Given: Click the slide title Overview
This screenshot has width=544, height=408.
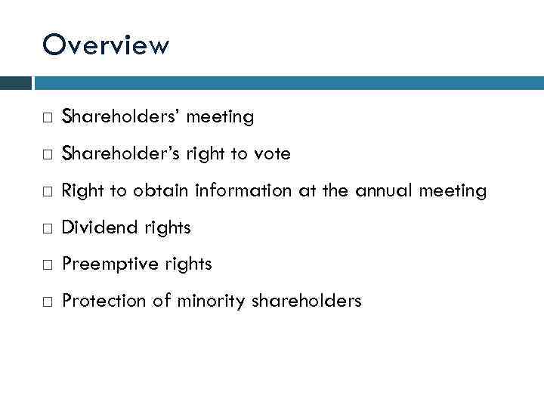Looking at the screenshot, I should click(x=106, y=45).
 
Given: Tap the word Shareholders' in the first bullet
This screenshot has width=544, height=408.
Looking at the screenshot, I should click(x=121, y=117).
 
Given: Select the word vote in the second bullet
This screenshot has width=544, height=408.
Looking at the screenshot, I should click(x=273, y=154).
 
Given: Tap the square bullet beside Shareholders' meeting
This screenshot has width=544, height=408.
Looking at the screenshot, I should click(x=48, y=118).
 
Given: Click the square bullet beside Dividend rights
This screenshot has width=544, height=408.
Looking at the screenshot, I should click(x=48, y=228).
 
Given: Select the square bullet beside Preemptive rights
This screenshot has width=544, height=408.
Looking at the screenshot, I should click(x=48, y=265).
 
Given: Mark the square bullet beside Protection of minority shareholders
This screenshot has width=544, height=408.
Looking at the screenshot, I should click(x=48, y=302).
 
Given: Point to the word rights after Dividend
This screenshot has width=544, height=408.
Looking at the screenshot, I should click(x=162, y=227).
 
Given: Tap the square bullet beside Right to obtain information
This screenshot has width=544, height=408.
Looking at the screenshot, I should click(x=48, y=192).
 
